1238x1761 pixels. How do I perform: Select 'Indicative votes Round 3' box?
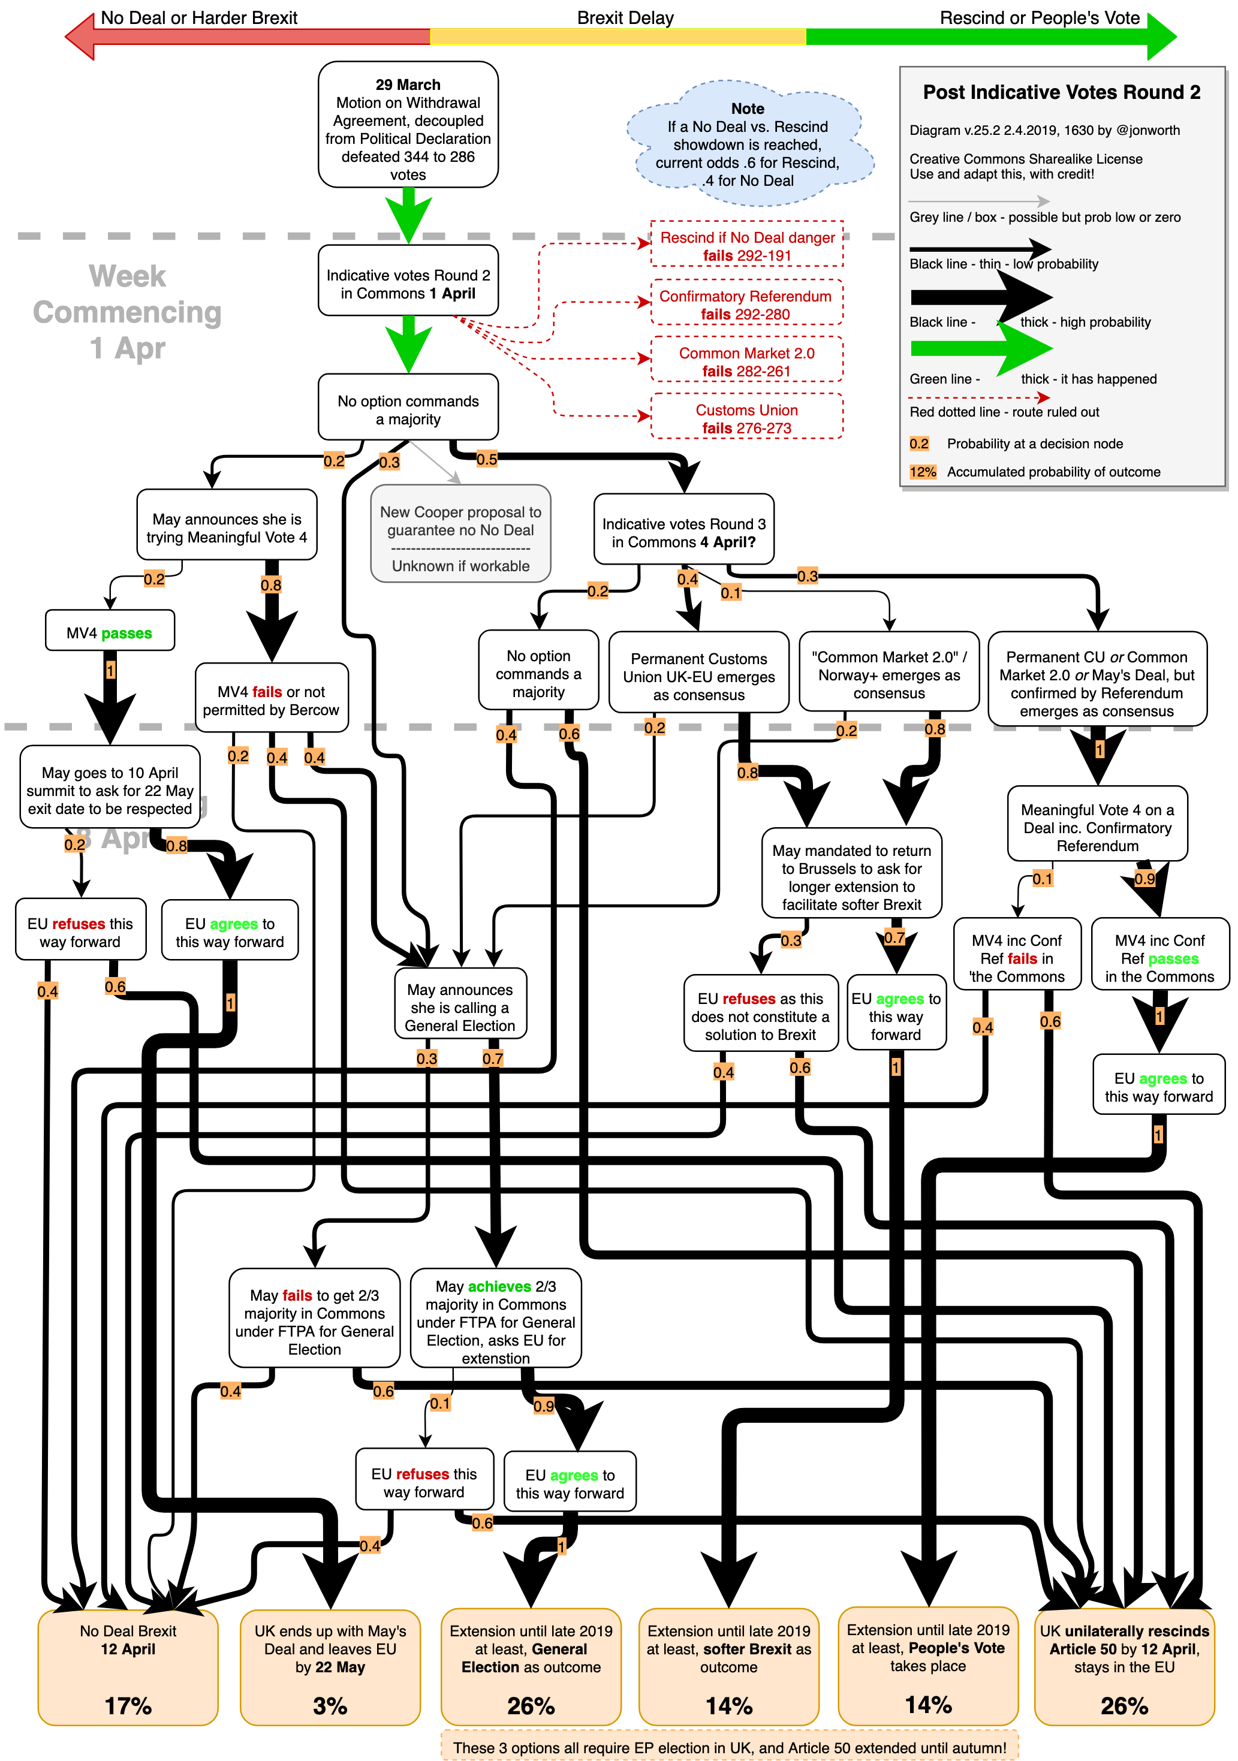683,532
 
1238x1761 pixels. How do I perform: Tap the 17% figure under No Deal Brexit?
128,1705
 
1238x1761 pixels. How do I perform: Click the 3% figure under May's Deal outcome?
330,1705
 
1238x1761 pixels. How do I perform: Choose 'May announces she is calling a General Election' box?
460,1006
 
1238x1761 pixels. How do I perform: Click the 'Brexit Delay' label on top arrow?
625,17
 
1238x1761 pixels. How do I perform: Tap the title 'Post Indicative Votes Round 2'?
1062,93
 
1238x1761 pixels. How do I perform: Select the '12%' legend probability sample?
923,472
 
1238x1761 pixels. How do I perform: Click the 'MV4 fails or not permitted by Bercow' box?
271,699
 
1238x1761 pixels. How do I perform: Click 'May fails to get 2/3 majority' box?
315,1321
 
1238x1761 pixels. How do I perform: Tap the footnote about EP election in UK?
730,1747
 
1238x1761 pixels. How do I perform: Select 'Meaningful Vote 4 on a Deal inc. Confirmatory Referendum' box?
1097,827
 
